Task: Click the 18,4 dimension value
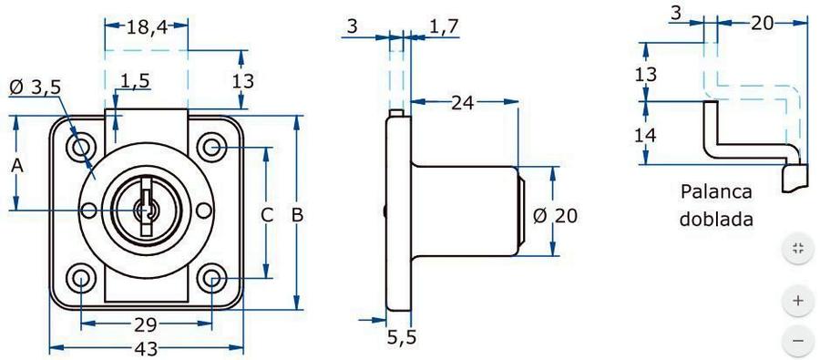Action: [147, 27]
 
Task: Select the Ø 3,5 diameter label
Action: [35, 87]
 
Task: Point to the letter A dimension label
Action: [17, 166]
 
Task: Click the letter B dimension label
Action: [298, 215]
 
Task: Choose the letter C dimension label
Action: [267, 215]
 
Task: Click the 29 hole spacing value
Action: [146, 325]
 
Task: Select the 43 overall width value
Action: [147, 347]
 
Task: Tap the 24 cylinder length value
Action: [462, 103]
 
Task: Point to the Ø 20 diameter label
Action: [556, 215]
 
